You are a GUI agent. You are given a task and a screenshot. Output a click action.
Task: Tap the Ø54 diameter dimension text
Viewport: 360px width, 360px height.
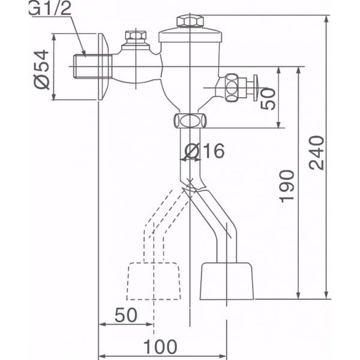(41, 67)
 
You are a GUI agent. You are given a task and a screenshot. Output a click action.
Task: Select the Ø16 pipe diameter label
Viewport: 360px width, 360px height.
(205, 151)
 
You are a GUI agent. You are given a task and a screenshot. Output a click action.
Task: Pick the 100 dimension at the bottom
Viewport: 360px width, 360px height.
(161, 347)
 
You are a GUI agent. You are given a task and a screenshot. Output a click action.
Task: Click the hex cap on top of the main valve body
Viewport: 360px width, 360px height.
(190, 22)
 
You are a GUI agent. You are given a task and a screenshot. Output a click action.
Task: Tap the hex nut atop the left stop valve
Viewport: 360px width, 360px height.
(136, 40)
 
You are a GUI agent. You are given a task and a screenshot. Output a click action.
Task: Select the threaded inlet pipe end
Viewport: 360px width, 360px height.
(84, 64)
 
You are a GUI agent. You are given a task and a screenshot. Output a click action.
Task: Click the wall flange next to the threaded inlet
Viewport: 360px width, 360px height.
(103, 66)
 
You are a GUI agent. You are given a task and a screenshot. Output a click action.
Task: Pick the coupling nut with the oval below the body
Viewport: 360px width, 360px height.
(190, 120)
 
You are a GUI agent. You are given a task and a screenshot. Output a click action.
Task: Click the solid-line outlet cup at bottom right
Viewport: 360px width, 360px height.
(227, 281)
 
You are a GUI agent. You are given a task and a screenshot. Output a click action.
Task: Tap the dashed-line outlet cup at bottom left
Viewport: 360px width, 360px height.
(154, 281)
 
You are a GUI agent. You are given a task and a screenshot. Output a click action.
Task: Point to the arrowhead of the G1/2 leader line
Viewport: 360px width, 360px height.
(86, 55)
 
